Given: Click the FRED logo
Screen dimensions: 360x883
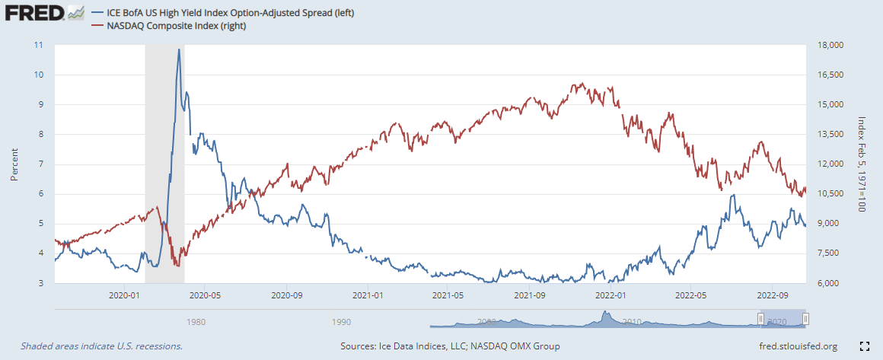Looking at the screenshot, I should point(34,14).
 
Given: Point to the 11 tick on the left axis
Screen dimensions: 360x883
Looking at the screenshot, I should point(39,45).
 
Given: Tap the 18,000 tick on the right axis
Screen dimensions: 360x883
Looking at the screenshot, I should point(827,45).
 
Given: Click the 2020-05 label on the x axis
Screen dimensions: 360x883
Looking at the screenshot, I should point(205,295).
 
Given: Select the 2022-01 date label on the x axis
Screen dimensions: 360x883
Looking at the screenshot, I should point(610,295).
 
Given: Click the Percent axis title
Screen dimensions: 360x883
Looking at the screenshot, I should point(14,164).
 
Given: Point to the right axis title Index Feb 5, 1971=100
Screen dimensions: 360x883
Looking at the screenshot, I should point(861,164).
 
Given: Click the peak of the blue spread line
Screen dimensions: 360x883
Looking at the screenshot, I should point(179,49).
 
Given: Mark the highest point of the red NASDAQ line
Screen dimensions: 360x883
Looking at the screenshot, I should point(582,84).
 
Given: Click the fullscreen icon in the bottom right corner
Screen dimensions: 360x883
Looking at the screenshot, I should point(864,346).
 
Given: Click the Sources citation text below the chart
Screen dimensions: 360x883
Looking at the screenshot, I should point(451,346).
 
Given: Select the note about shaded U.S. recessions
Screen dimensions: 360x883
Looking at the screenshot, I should point(101,346).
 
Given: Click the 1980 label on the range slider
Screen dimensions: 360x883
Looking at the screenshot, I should point(196,322).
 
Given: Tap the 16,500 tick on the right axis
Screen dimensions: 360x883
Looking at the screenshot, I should point(827,75).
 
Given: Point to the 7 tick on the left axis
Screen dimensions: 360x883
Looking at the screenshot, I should point(41,164).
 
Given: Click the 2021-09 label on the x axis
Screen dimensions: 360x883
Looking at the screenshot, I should point(529,295).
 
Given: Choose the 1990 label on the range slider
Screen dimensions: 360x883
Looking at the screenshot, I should point(342,322).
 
